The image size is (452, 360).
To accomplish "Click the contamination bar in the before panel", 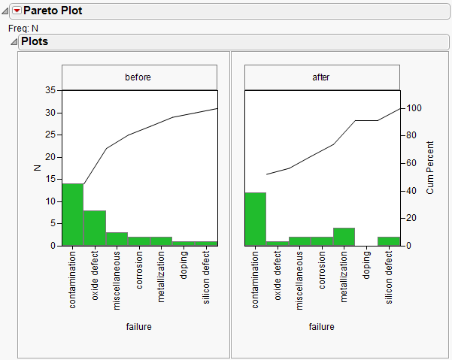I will click(x=72, y=214).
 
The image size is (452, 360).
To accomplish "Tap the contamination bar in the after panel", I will click(x=256, y=219).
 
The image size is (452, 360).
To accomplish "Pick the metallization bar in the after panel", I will click(x=344, y=237).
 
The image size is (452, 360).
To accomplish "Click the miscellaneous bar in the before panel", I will click(x=117, y=239).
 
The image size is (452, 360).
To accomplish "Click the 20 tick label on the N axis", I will click(x=50, y=157).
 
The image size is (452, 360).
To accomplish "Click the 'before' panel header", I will click(x=139, y=77).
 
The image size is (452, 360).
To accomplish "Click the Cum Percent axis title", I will click(x=430, y=168).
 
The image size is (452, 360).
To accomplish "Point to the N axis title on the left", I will click(x=37, y=168).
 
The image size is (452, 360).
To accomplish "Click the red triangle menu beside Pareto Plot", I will click(x=17, y=11).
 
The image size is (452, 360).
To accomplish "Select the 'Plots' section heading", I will click(x=35, y=41).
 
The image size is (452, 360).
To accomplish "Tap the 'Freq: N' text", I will click(x=23, y=28).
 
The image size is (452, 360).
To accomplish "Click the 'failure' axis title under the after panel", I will click(x=322, y=327).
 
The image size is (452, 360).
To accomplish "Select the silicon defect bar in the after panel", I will click(x=388, y=241).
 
